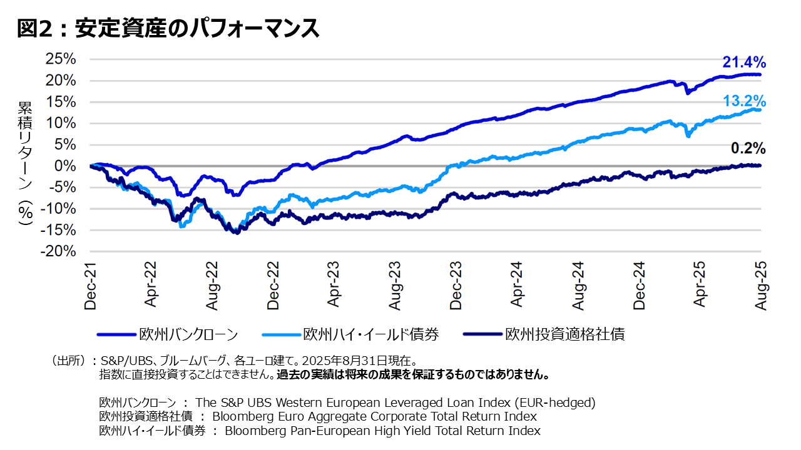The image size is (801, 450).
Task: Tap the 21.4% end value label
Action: pos(744,62)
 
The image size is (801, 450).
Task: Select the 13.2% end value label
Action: pos(744,101)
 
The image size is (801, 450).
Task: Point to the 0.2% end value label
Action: pos(748,148)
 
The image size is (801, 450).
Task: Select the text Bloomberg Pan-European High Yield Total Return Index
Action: pos(382,431)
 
